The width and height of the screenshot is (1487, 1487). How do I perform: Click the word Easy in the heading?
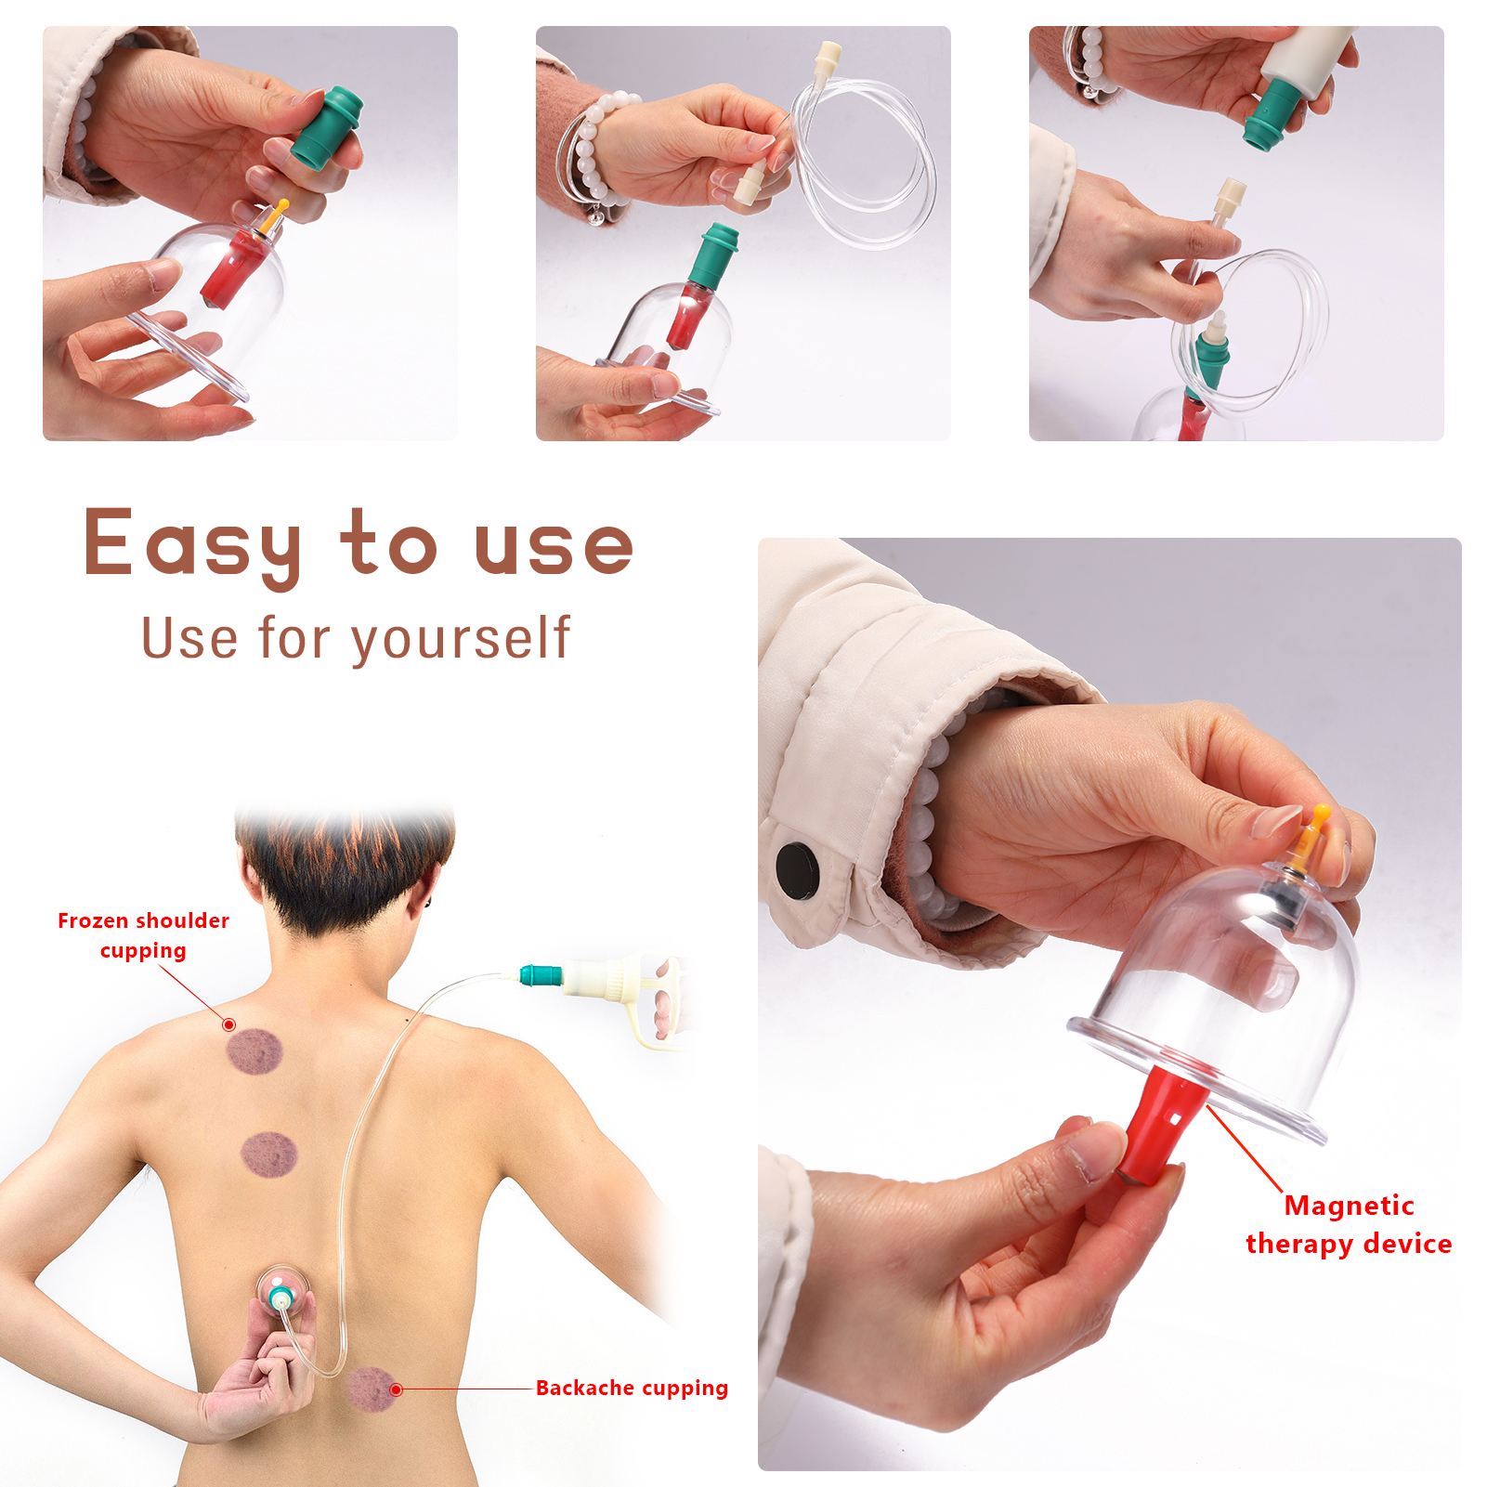pos(193,543)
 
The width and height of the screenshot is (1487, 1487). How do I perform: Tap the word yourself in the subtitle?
pos(461,639)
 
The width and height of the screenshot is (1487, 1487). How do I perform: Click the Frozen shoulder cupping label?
pos(143,935)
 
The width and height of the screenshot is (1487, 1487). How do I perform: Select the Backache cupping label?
pos(632,1388)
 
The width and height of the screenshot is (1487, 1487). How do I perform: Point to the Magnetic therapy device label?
pos(1349,1224)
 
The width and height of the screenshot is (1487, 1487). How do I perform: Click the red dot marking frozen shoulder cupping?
pos(228,1024)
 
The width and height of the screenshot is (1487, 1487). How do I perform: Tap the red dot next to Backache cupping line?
pos(397,1389)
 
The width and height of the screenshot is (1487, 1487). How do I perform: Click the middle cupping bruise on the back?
pos(269,1154)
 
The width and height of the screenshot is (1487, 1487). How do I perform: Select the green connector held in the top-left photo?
pos(327,126)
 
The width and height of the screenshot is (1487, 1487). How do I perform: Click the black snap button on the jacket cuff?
pos(798,870)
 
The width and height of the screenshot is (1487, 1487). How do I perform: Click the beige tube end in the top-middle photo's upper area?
pos(828,57)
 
